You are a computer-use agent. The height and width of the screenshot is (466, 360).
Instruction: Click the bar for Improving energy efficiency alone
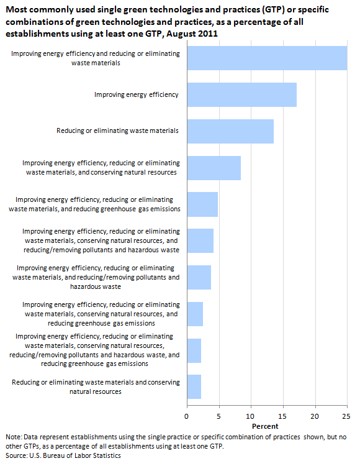pyautogui.click(x=242, y=94)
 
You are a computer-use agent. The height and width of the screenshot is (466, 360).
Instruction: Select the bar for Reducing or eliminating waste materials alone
pyautogui.click(x=230, y=131)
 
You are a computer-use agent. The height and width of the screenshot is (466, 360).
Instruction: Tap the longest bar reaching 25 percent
pyautogui.click(x=267, y=58)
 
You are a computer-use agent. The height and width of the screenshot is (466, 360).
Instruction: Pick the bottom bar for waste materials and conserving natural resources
pyautogui.click(x=194, y=386)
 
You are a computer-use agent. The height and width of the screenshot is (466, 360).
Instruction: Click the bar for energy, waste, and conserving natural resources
pyautogui.click(x=214, y=168)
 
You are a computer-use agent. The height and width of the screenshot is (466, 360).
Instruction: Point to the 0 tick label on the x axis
pyautogui.click(x=186, y=416)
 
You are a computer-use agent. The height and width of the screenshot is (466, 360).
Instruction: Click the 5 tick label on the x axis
pyautogui.click(x=218, y=416)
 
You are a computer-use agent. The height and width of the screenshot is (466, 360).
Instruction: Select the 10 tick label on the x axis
pyautogui.click(x=251, y=416)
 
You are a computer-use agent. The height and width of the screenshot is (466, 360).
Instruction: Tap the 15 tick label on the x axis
pyautogui.click(x=283, y=416)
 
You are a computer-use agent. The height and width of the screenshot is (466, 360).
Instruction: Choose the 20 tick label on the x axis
pyautogui.click(x=315, y=416)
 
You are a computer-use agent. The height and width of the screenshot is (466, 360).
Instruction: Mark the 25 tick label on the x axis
pyautogui.click(x=346, y=416)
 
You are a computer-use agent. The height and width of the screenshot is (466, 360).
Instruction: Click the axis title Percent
pyautogui.click(x=265, y=426)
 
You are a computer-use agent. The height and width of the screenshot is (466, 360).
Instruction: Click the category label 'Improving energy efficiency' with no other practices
pyautogui.click(x=136, y=95)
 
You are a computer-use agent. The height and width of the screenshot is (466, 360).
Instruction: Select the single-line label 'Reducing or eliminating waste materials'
pyautogui.click(x=117, y=130)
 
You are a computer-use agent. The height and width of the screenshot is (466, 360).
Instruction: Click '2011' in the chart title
pyautogui.click(x=208, y=34)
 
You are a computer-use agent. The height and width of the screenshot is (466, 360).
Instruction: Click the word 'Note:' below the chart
pyautogui.click(x=14, y=437)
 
